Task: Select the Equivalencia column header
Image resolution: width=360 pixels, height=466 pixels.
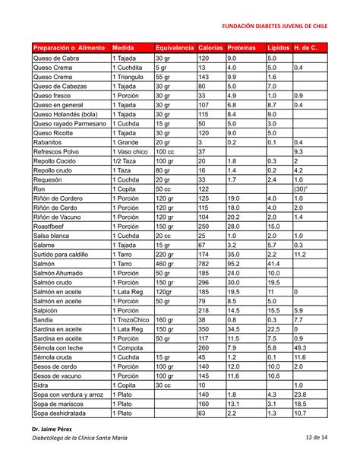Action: [x=174, y=48]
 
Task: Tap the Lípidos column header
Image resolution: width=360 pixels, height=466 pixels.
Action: [x=277, y=48]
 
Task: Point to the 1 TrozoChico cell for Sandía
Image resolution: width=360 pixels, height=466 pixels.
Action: [x=131, y=320]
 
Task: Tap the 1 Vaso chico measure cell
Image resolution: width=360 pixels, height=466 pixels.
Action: [x=131, y=152]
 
